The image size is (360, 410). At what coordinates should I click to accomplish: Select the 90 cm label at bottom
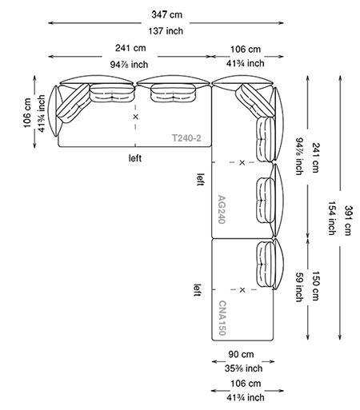(242, 353)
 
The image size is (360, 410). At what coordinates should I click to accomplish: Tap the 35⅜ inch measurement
(242, 368)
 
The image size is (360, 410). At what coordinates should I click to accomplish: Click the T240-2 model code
(186, 138)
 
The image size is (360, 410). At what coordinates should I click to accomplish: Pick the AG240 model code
(222, 209)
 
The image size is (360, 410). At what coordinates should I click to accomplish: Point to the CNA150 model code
(222, 316)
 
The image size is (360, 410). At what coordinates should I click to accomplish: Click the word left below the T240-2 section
(136, 158)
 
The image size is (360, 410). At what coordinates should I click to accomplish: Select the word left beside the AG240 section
(199, 179)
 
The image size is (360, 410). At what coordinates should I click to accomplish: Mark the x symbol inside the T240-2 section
(136, 117)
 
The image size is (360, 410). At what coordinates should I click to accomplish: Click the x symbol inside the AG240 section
(242, 162)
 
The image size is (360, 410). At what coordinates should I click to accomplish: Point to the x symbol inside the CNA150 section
(242, 289)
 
